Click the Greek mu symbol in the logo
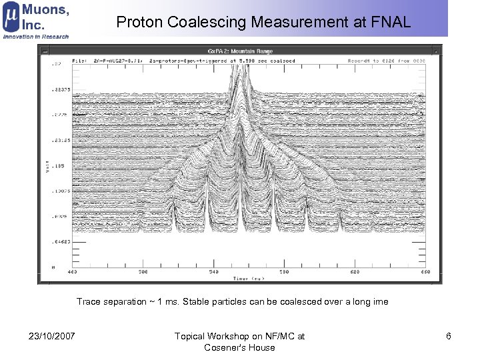pyautogui.click(x=11, y=19)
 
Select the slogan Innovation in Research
pyautogui.click(x=36, y=36)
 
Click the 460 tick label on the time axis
pyautogui.click(x=72, y=272)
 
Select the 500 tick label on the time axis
pyautogui.click(x=143, y=272)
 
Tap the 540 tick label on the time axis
pyautogui.click(x=213, y=272)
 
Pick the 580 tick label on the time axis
pyautogui.click(x=284, y=272)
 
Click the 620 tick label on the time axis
pyautogui.click(x=355, y=272)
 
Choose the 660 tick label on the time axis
pyautogui.click(x=425, y=272)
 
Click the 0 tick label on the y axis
pyautogui.click(x=53, y=267)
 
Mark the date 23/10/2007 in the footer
pyautogui.click(x=52, y=336)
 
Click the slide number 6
pyautogui.click(x=449, y=336)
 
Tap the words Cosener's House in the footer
pyautogui.click(x=239, y=347)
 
